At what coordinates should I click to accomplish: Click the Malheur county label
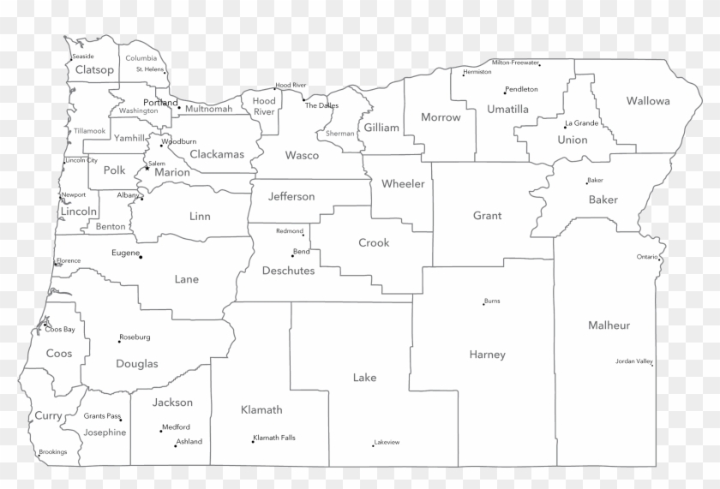click(x=609, y=325)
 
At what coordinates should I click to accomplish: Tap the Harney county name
click(x=488, y=355)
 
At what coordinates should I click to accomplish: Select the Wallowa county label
click(x=648, y=101)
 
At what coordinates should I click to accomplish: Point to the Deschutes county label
click(x=288, y=271)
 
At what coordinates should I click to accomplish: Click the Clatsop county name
click(x=94, y=69)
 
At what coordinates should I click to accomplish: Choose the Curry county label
click(x=48, y=415)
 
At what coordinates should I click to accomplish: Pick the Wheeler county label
click(x=403, y=183)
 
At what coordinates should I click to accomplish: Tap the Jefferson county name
click(x=291, y=196)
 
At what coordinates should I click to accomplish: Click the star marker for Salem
click(x=147, y=168)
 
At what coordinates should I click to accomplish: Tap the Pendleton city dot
click(x=505, y=92)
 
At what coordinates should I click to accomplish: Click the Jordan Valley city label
click(x=633, y=361)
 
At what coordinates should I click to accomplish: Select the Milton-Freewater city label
click(x=515, y=63)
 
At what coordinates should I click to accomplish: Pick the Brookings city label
click(x=52, y=452)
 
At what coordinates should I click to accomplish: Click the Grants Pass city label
click(x=101, y=416)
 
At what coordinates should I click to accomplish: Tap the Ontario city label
click(x=646, y=257)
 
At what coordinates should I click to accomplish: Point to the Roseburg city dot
click(x=119, y=341)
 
